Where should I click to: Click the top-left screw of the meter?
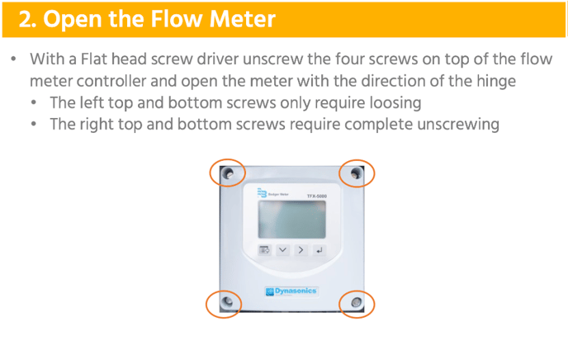point(229,173)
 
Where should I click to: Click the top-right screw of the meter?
point(356,173)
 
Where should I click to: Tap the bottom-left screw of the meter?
point(227,301)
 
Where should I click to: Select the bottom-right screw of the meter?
point(356,302)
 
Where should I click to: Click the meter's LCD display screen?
point(292,220)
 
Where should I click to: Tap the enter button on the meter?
point(319,250)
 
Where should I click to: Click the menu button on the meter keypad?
point(264,250)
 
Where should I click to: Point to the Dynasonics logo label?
point(291,291)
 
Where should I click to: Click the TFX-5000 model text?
point(317,196)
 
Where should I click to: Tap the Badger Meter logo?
point(272,193)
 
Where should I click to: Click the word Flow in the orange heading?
point(177,18)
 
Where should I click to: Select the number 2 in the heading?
point(24,19)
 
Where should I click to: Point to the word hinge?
point(496,82)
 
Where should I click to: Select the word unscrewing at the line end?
point(458,124)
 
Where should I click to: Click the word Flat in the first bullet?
point(93,59)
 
